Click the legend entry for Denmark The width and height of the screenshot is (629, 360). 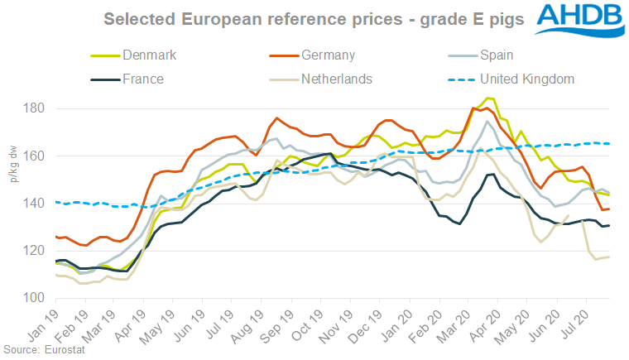150,55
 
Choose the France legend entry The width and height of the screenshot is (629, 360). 142,79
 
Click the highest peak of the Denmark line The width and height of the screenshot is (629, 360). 490,98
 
